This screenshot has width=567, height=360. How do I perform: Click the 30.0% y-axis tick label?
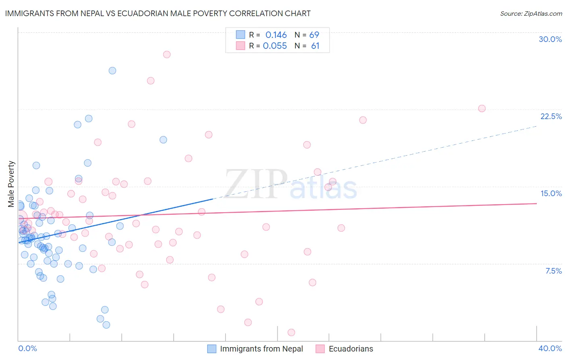point(550,39)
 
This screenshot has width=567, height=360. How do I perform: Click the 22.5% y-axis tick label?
point(551,116)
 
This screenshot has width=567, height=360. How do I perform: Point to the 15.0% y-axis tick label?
point(551,193)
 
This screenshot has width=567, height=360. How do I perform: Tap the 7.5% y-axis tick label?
point(553,271)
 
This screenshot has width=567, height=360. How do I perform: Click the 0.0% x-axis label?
point(27,348)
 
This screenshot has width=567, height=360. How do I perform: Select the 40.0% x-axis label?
point(550,348)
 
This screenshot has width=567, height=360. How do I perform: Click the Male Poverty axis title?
point(11,184)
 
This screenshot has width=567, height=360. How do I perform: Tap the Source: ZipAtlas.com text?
point(531,13)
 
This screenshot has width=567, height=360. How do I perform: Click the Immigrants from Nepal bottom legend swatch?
point(212,349)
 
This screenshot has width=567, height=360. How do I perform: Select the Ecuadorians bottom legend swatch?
point(320,349)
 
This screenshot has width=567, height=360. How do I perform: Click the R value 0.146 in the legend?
point(276,35)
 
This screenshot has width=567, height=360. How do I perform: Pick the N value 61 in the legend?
point(315,46)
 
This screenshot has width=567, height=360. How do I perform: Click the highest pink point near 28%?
point(167,54)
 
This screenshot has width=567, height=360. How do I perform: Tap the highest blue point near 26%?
point(113,71)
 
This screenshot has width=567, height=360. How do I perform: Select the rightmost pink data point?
point(482,109)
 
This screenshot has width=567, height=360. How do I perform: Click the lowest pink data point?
point(291,333)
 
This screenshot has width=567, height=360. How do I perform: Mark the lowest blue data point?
point(106,325)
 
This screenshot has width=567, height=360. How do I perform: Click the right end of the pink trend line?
point(536,203)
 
